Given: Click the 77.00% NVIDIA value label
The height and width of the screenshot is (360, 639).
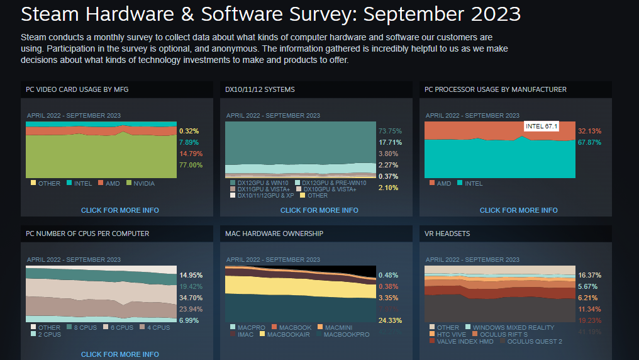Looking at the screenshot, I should coord(191,165).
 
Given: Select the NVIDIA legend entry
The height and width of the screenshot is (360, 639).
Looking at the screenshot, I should coord(144,184).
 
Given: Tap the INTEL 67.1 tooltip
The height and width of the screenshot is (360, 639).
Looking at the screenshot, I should coord(542,127).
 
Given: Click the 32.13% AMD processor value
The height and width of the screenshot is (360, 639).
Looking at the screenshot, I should coord(589,131).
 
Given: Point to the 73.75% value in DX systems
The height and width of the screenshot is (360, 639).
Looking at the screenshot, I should coord(390,131).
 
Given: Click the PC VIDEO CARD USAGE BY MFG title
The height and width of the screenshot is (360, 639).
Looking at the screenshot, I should coord(77,89).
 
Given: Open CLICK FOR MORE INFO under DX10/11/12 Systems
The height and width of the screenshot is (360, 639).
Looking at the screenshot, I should coord(319,210).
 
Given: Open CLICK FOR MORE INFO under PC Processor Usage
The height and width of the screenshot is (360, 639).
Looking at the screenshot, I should coord(518,210).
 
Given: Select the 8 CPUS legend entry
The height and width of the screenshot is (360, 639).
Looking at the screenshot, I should coord(86,328).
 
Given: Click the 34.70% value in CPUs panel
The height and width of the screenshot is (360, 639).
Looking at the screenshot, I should coord(191,298).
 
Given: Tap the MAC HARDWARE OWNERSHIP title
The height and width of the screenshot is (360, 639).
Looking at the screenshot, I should coord(274,233).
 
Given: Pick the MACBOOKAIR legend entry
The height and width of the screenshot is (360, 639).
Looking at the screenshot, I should coord(289,335).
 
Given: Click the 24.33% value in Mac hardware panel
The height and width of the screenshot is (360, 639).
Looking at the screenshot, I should coord(390,320).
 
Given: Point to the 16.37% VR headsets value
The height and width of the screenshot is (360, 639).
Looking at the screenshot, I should coord(589,275).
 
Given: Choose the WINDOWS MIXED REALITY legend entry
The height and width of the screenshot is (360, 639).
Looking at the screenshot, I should coord(513,328).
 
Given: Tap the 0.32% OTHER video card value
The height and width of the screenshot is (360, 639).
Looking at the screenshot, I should coord(189,131).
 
